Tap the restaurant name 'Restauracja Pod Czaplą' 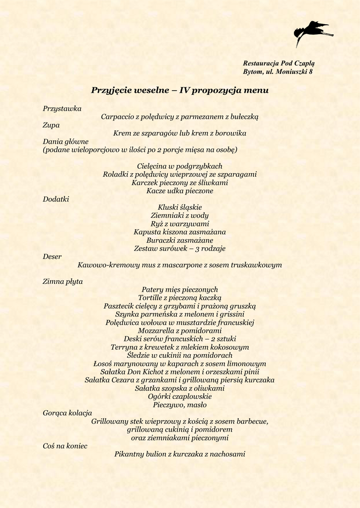tap(279, 63)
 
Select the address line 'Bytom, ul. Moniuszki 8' tap(278, 72)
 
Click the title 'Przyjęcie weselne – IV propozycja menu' tap(180, 90)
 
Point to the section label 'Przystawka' tap(62, 108)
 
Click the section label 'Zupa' tap(51, 125)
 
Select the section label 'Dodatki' tap(56, 199)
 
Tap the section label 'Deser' tap(52, 256)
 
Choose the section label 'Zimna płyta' tap(63, 281)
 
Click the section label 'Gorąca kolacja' tap(67, 413)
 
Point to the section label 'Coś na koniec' tap(65, 446)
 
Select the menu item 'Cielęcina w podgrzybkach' tap(180, 166)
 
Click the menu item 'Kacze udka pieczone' tap(180, 191)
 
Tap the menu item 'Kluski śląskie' tap(180, 207)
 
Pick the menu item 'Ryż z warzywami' tap(180, 224)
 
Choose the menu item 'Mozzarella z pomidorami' tap(180, 331)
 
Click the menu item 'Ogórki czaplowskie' tap(180, 396)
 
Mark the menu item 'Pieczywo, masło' tap(180, 405)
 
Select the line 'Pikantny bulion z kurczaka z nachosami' tap(180, 454)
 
